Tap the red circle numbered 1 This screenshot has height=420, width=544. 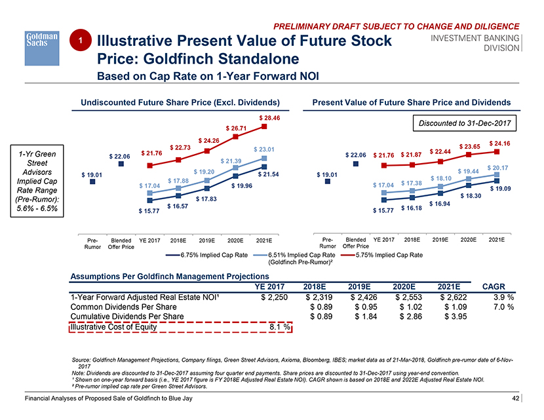click(x=79, y=41)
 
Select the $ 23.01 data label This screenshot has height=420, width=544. click(x=263, y=149)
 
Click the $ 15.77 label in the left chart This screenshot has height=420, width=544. click(x=149, y=211)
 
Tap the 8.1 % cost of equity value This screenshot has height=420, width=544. click(x=280, y=328)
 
